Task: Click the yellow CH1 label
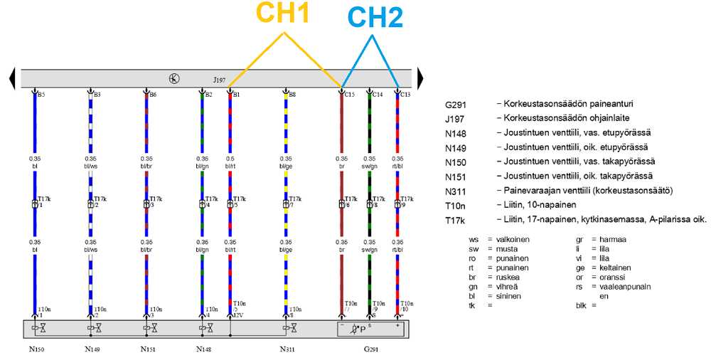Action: (282, 14)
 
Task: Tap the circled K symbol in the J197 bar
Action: (174, 78)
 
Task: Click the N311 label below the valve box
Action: (289, 349)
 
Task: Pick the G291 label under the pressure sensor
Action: (372, 349)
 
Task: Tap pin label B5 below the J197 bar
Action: (41, 94)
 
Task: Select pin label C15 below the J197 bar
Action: (349, 94)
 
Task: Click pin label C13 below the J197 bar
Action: (405, 94)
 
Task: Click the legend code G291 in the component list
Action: (456, 105)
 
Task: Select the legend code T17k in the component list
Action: (456, 220)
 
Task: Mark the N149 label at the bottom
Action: (92, 349)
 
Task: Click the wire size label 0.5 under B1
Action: (230, 159)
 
